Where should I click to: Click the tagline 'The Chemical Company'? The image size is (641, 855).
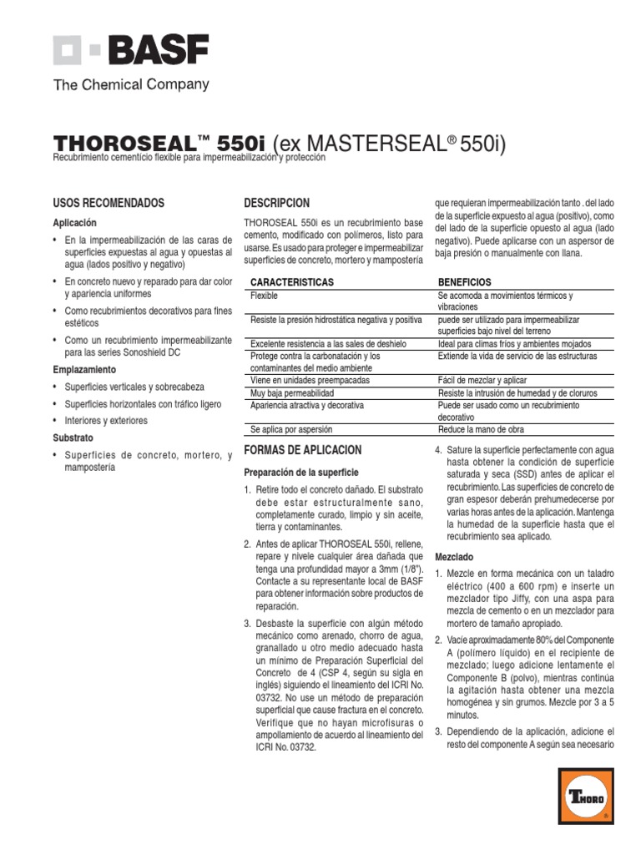(131, 84)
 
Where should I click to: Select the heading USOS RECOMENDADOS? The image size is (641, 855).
(109, 203)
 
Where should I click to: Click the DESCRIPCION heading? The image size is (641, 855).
(276, 203)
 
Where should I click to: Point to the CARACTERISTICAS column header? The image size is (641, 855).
(292, 282)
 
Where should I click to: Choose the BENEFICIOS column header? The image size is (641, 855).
(465, 282)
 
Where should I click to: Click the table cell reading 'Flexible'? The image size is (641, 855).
(265, 296)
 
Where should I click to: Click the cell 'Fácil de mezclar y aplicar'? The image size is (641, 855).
(482, 380)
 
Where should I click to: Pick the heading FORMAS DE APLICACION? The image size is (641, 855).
(302, 450)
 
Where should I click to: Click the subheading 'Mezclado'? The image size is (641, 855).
(454, 556)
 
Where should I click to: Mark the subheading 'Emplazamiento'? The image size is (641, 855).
(84, 369)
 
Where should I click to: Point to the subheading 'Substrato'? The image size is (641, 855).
(73, 438)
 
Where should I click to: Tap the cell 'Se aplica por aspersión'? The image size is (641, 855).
(291, 429)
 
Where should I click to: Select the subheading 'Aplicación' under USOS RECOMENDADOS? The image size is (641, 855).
(75, 223)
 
